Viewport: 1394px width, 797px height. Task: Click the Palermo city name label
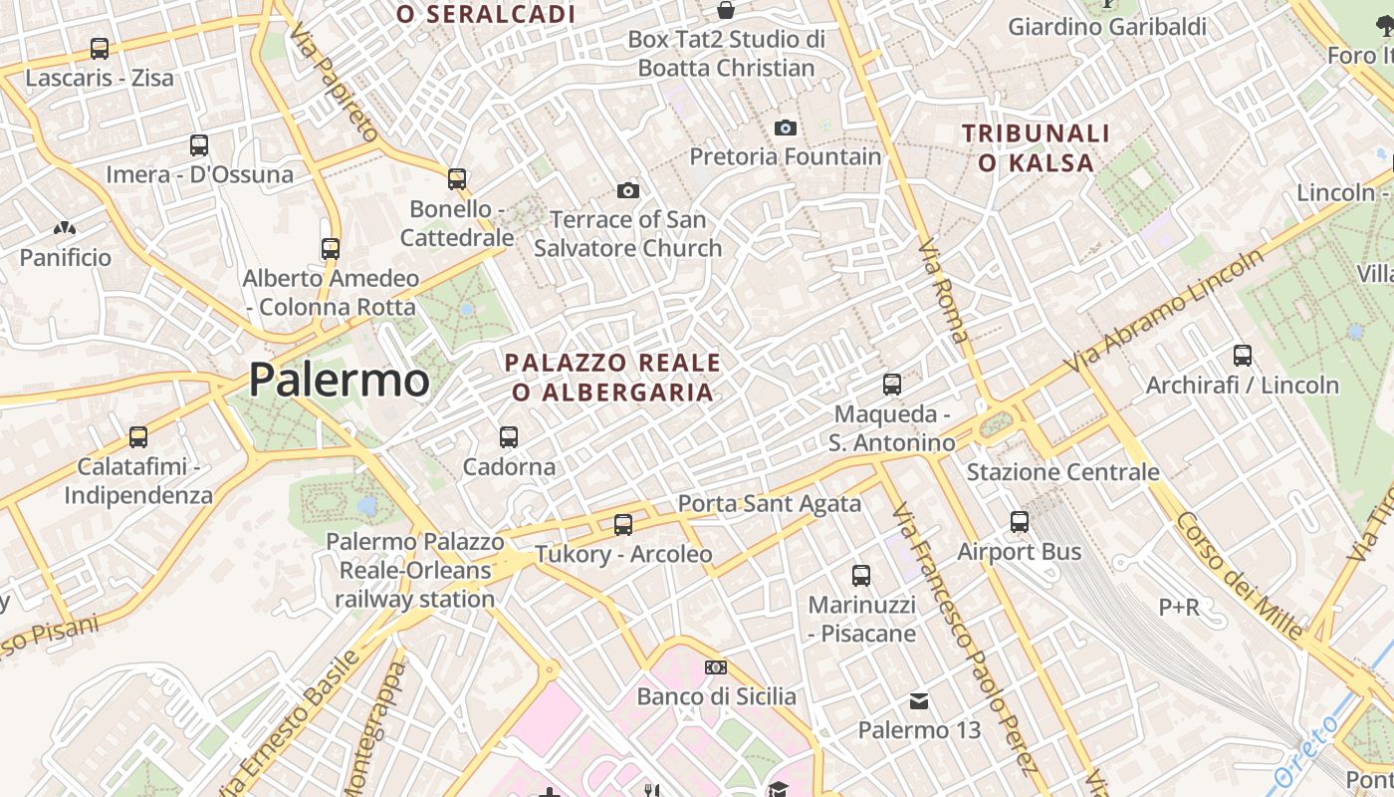[x=339, y=381]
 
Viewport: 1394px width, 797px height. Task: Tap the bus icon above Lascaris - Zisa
[x=99, y=48]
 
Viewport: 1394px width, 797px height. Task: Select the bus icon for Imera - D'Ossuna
[x=199, y=145]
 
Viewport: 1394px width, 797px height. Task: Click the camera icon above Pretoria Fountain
[x=786, y=128]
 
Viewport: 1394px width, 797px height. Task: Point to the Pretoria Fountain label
[x=787, y=156]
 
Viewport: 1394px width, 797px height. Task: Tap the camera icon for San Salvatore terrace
[x=628, y=190]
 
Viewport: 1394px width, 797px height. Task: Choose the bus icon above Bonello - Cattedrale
[x=457, y=179]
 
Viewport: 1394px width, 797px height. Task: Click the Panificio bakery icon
[x=66, y=229]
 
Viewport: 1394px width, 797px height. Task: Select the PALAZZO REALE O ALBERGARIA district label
[x=612, y=377]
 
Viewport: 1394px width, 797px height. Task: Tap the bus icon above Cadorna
[x=509, y=436]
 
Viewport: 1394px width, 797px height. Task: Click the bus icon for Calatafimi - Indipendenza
[x=138, y=436]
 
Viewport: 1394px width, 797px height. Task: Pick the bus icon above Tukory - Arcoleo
[x=623, y=524]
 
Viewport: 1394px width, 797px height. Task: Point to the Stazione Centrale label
[x=1062, y=472]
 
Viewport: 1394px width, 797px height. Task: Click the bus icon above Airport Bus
[x=1020, y=522]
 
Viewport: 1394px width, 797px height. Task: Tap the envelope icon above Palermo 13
[x=919, y=701]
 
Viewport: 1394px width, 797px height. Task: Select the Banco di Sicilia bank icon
[x=716, y=667]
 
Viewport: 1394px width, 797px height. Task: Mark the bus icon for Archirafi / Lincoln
[x=1243, y=356]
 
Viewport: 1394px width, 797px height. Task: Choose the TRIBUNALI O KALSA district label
[x=1036, y=147]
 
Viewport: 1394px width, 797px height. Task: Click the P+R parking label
[x=1179, y=606]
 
